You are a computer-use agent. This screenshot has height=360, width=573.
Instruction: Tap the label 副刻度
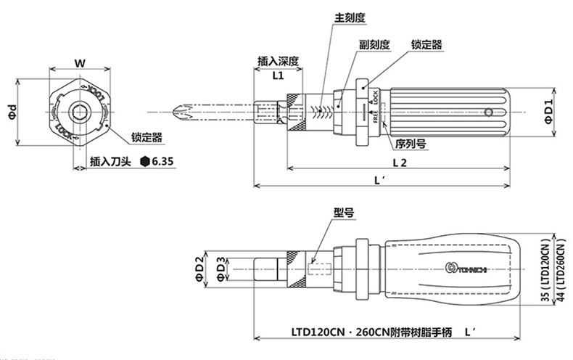[x=374, y=44]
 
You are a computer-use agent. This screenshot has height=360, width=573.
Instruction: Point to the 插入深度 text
[x=279, y=61]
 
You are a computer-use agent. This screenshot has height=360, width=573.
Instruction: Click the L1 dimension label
[x=278, y=75]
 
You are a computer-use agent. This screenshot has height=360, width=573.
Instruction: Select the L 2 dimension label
[x=399, y=163]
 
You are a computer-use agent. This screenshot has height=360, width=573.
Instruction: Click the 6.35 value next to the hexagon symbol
[x=165, y=162]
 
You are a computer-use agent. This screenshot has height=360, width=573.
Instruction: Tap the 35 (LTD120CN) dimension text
[x=545, y=268]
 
